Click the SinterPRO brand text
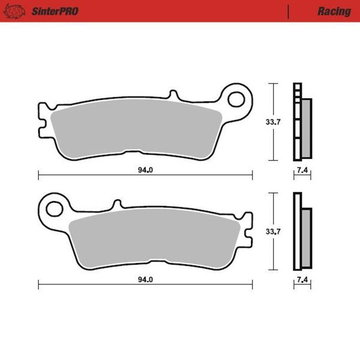click(55, 12)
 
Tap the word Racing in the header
click(334, 12)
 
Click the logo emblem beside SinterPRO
click(14, 12)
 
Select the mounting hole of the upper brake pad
click(236, 99)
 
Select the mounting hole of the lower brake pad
click(54, 209)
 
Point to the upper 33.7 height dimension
click(273, 122)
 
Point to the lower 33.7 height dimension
click(273, 231)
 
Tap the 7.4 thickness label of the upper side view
click(302, 171)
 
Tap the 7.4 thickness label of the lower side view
click(302, 280)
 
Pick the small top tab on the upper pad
click(173, 95)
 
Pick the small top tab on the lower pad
click(117, 204)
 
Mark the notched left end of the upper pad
click(42, 121)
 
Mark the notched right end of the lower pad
click(248, 230)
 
